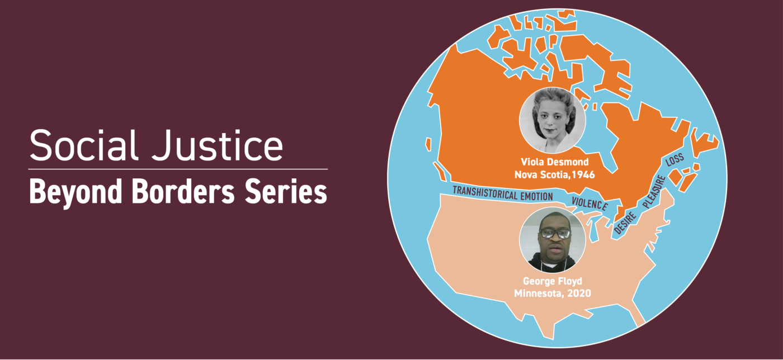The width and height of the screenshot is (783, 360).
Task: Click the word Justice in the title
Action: (x=217, y=145)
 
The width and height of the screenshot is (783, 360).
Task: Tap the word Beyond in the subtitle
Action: (x=75, y=192)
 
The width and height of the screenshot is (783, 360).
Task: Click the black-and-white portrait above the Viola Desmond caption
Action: (x=553, y=120)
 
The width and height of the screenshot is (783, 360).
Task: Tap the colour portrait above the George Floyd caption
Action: (x=553, y=240)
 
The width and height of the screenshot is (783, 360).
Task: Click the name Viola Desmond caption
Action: (x=555, y=162)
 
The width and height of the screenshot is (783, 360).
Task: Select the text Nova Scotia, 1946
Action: (x=554, y=174)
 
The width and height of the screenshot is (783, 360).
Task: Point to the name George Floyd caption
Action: (x=553, y=281)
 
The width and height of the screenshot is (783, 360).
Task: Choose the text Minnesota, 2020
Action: (x=553, y=293)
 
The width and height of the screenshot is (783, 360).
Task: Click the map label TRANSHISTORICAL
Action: (x=485, y=193)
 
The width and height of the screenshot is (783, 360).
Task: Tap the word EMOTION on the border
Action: (x=536, y=196)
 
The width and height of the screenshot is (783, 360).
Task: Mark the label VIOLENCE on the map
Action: (x=589, y=203)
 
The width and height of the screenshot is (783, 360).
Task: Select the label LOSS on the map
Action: (x=674, y=160)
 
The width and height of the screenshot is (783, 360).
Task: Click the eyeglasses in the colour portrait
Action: (x=555, y=234)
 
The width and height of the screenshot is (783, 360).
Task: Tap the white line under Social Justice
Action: (x=178, y=169)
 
